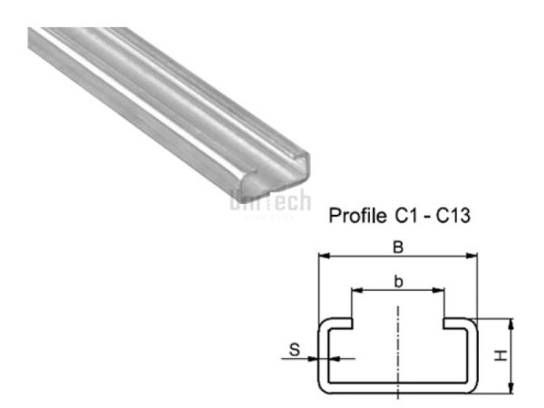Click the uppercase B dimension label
(x=397, y=246)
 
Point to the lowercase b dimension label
(x=398, y=282)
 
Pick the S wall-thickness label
(x=292, y=347)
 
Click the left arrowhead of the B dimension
(x=321, y=257)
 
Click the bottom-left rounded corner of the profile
(x=323, y=387)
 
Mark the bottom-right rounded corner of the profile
(x=471, y=387)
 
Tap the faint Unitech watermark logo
(x=270, y=201)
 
